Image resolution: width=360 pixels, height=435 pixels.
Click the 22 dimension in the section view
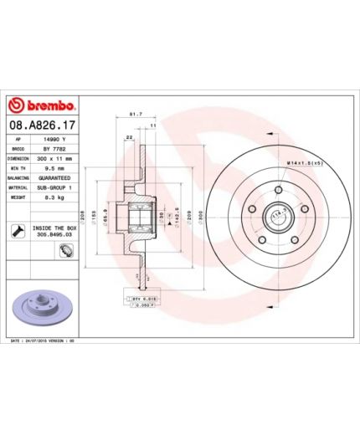tap(129, 137)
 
